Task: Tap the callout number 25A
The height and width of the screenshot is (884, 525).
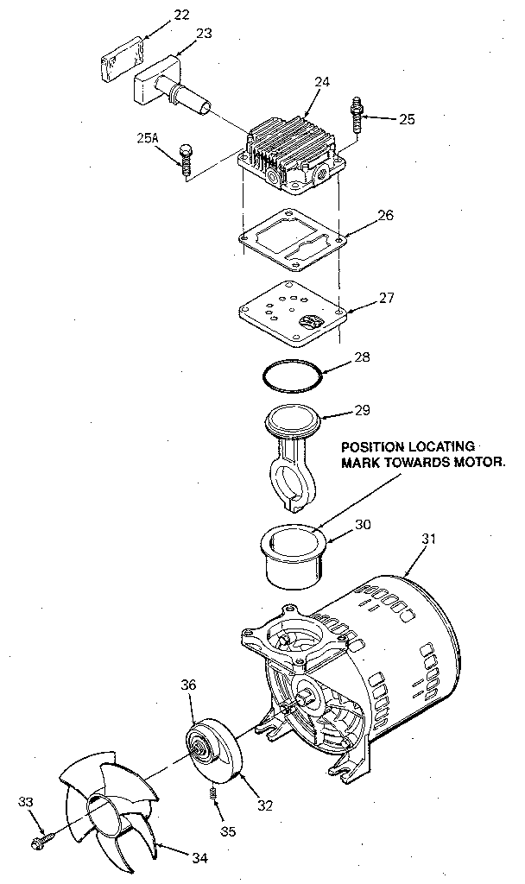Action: click(148, 137)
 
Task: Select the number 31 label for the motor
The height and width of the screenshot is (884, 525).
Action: click(429, 539)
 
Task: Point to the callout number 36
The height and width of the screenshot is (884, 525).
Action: click(189, 685)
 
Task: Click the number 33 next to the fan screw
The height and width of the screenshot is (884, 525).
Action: click(27, 803)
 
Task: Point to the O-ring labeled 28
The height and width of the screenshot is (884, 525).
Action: click(292, 376)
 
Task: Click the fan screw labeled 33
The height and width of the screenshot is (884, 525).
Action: click(41, 837)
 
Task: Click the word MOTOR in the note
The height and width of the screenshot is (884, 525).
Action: click(471, 463)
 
